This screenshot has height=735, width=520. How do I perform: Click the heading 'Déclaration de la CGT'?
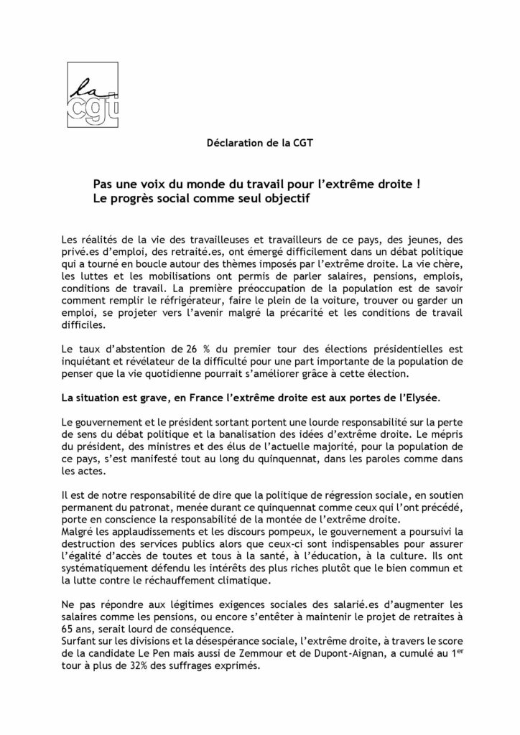pyautogui.click(x=260, y=142)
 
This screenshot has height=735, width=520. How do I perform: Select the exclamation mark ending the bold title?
pyautogui.click(x=417, y=184)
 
